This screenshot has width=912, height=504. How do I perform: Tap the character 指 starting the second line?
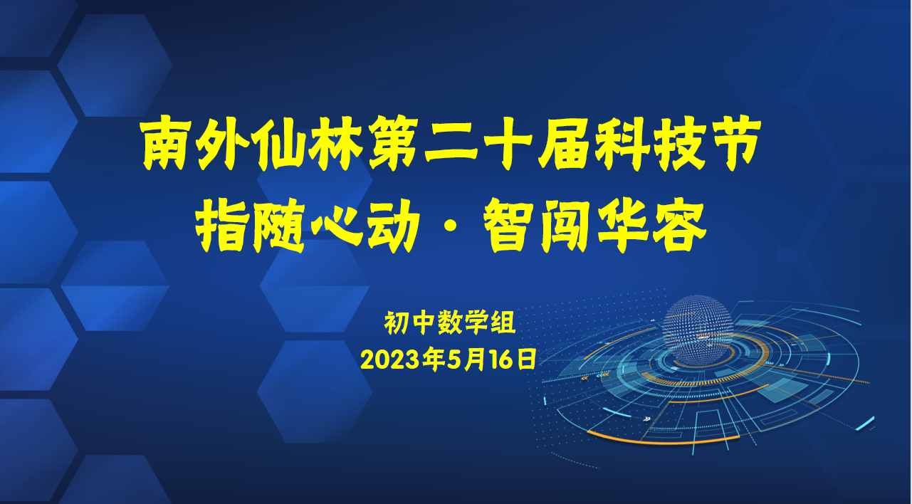click(222, 226)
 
